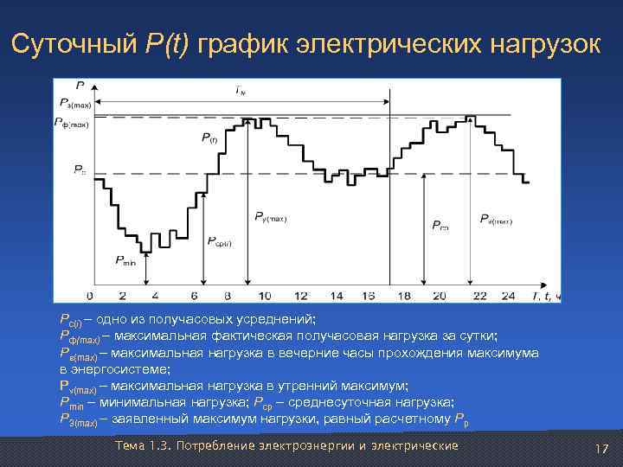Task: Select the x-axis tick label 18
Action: coord(404,296)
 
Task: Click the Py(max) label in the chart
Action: coord(271,218)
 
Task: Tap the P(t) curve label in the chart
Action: coord(210,138)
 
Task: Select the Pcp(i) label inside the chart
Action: coord(220,242)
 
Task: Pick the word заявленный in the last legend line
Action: coord(147,419)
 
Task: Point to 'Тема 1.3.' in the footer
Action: coord(143,445)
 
